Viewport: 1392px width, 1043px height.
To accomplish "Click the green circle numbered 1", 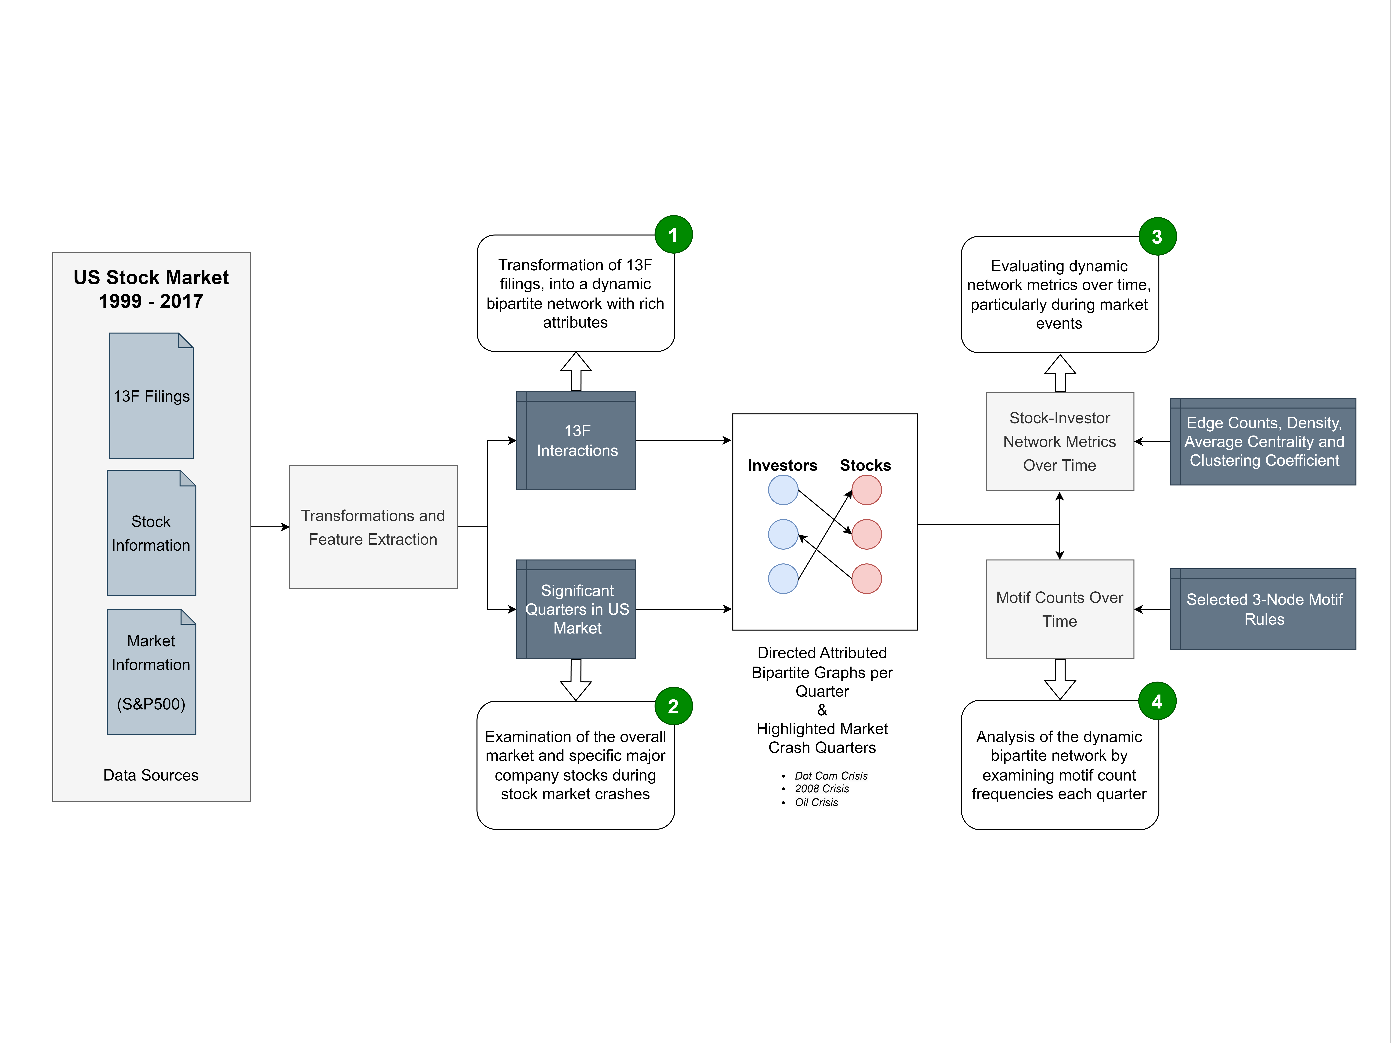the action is point(673,235).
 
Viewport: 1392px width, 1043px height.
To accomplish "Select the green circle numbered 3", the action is point(1157,236).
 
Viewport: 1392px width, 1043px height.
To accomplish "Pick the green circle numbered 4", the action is point(1157,701).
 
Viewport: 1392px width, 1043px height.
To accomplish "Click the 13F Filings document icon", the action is point(151,396).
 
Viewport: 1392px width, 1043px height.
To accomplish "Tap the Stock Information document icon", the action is point(151,533).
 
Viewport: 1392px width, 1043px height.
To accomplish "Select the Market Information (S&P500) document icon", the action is point(151,672).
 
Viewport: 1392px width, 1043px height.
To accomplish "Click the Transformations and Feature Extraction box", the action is point(373,527).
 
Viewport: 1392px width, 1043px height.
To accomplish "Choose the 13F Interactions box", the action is point(576,440).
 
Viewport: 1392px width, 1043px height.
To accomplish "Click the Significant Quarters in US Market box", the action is point(576,609).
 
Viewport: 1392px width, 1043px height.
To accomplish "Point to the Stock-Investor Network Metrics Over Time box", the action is point(1060,442).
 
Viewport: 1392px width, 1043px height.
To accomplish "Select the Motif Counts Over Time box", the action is point(1060,609).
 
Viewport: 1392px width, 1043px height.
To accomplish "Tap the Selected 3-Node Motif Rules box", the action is point(1263,609).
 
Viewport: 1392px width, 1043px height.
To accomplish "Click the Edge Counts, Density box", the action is point(1263,442).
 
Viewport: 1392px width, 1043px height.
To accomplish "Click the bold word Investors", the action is point(782,466).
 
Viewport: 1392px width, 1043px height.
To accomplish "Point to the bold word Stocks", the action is point(865,466).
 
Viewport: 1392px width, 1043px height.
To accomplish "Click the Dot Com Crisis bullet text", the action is point(831,776).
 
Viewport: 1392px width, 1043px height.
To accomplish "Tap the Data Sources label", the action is point(151,775).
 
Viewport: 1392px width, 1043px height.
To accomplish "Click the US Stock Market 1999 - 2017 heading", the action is point(151,289).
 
